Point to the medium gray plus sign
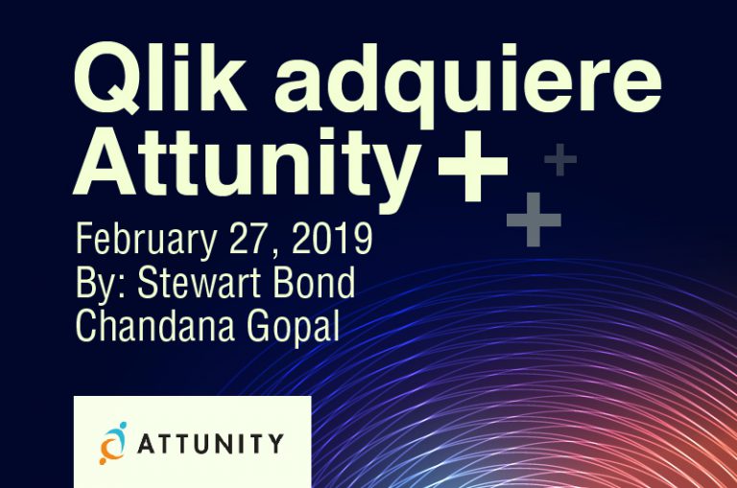click(x=534, y=220)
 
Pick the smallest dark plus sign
click(x=560, y=160)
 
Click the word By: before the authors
click(x=101, y=283)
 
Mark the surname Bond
click(x=312, y=283)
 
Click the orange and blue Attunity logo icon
click(x=112, y=444)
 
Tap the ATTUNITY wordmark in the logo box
click(x=209, y=444)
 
